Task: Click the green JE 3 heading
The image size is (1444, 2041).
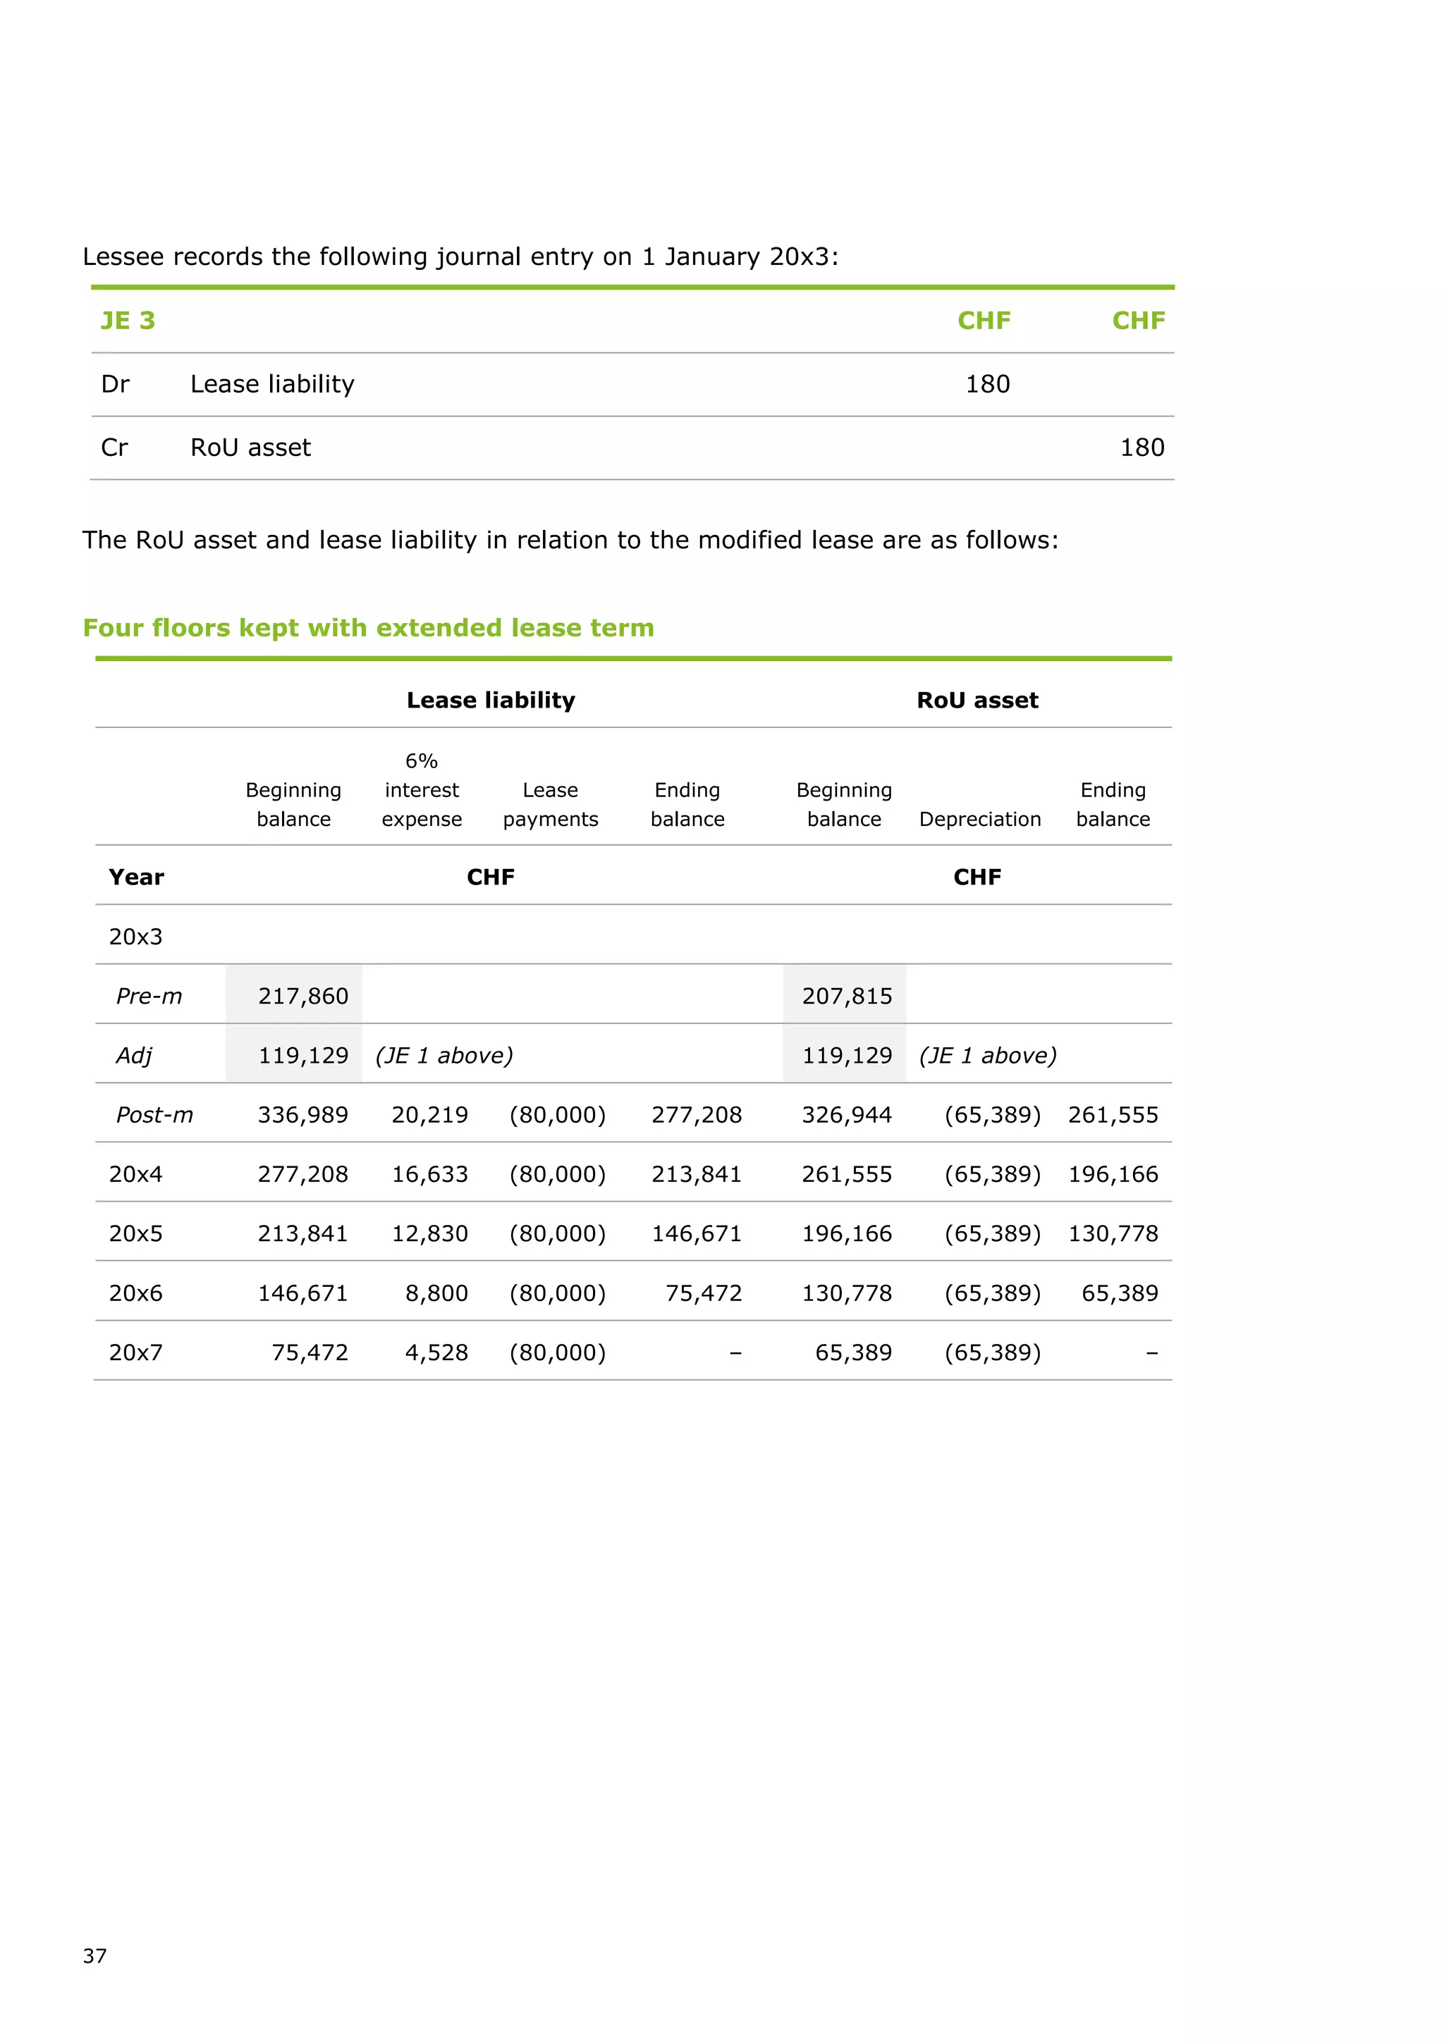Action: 128,320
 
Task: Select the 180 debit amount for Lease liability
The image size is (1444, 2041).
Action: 987,384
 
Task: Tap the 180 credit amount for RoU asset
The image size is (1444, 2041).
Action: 1142,447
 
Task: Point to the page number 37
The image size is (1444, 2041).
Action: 94,1956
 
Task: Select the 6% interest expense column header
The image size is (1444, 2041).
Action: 422,789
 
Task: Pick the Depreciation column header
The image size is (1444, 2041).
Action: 980,819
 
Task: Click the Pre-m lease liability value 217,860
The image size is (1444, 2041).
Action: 302,996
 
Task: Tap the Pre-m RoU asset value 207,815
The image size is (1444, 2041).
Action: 847,996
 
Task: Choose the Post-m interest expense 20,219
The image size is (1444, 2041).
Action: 429,1115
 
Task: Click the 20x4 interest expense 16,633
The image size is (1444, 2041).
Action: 429,1174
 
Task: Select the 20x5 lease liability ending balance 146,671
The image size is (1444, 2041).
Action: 696,1234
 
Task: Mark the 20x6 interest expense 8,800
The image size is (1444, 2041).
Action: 436,1293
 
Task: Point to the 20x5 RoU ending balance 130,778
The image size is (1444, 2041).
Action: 1113,1234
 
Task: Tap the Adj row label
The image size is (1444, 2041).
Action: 133,1055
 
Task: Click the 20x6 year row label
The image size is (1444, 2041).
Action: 136,1293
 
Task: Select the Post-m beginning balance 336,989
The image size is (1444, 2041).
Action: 302,1115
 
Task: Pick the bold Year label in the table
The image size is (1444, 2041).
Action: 136,877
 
